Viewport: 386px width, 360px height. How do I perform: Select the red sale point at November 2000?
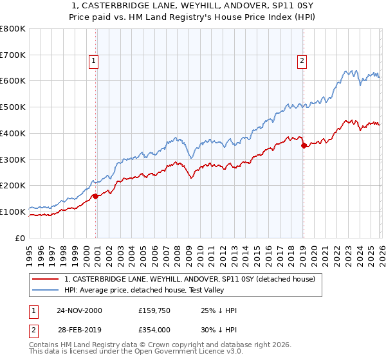pos(96,196)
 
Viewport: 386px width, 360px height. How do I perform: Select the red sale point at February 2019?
pos(304,145)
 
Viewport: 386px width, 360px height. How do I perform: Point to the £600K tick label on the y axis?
pos(13,81)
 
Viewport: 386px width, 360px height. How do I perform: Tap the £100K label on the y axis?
pos(13,212)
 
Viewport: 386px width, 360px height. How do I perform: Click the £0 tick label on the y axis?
pos(19,238)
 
